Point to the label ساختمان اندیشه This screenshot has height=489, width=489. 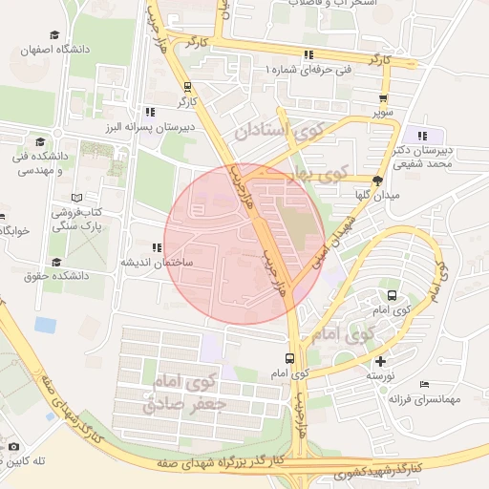(157, 262)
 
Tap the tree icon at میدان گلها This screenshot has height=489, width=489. (378, 180)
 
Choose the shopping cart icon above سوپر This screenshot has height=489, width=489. (384, 98)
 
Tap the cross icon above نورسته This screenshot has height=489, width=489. (381, 361)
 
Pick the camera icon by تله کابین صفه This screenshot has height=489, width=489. (12, 446)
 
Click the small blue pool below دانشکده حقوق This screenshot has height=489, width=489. (45, 325)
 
